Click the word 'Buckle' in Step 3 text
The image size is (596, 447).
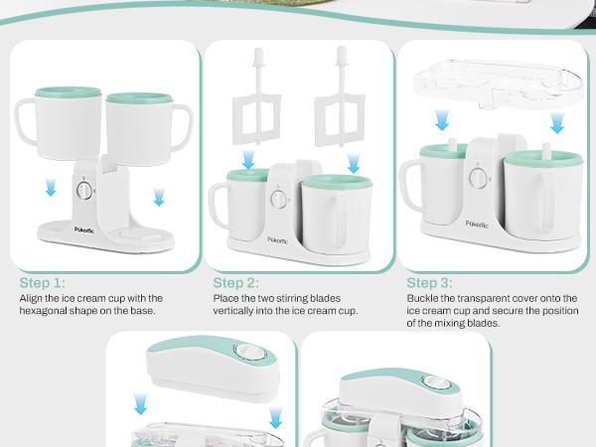[424, 297]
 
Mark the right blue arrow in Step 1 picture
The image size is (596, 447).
[157, 200]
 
